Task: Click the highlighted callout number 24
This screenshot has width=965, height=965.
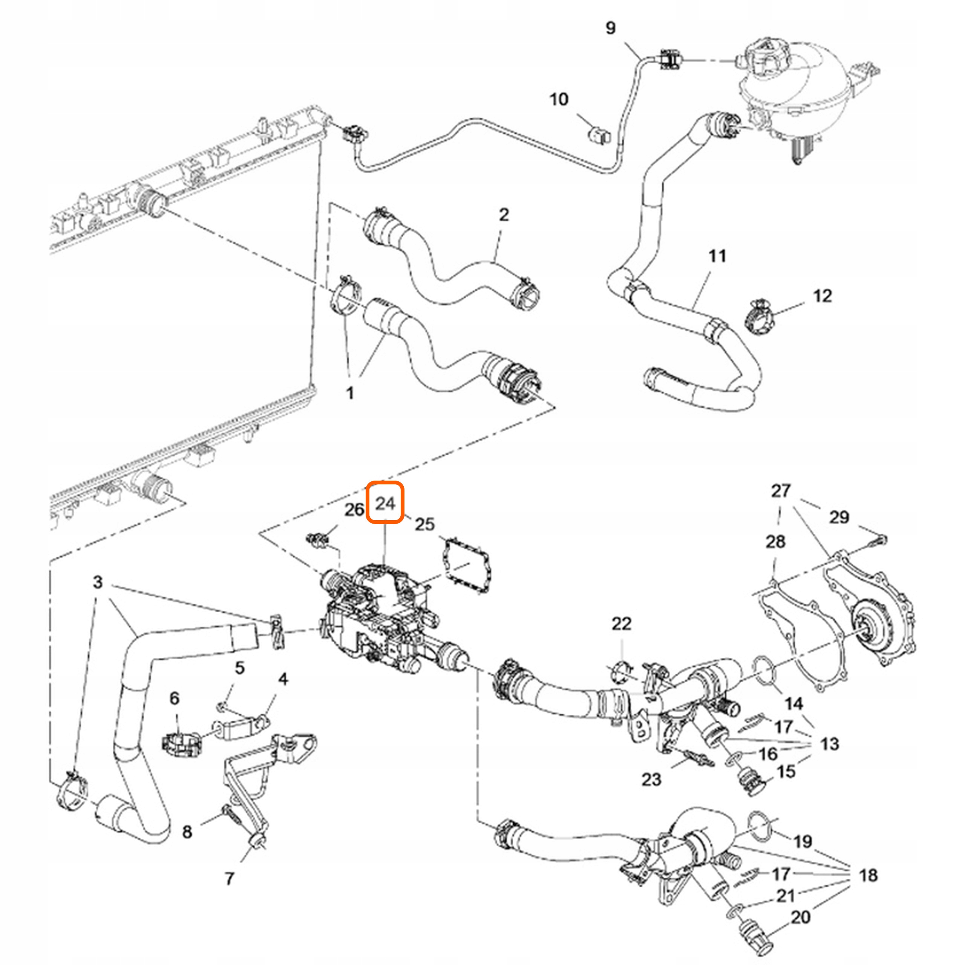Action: point(384,502)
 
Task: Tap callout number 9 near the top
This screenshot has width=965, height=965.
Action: point(610,28)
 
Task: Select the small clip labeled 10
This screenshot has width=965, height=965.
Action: point(598,134)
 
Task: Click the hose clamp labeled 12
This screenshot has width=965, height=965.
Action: point(760,317)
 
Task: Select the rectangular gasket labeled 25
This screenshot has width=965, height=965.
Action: point(466,564)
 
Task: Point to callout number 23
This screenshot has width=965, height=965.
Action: point(651,779)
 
